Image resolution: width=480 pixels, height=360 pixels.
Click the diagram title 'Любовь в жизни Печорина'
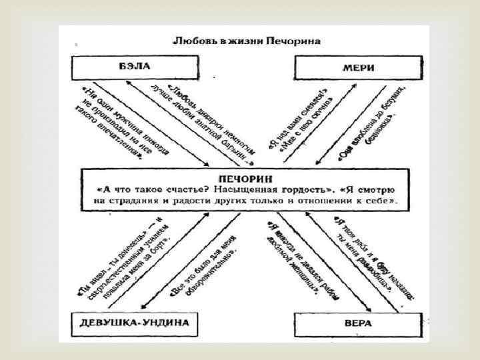pyautogui.click(x=247, y=42)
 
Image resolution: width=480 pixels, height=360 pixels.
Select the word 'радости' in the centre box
pyautogui.click(x=202, y=200)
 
